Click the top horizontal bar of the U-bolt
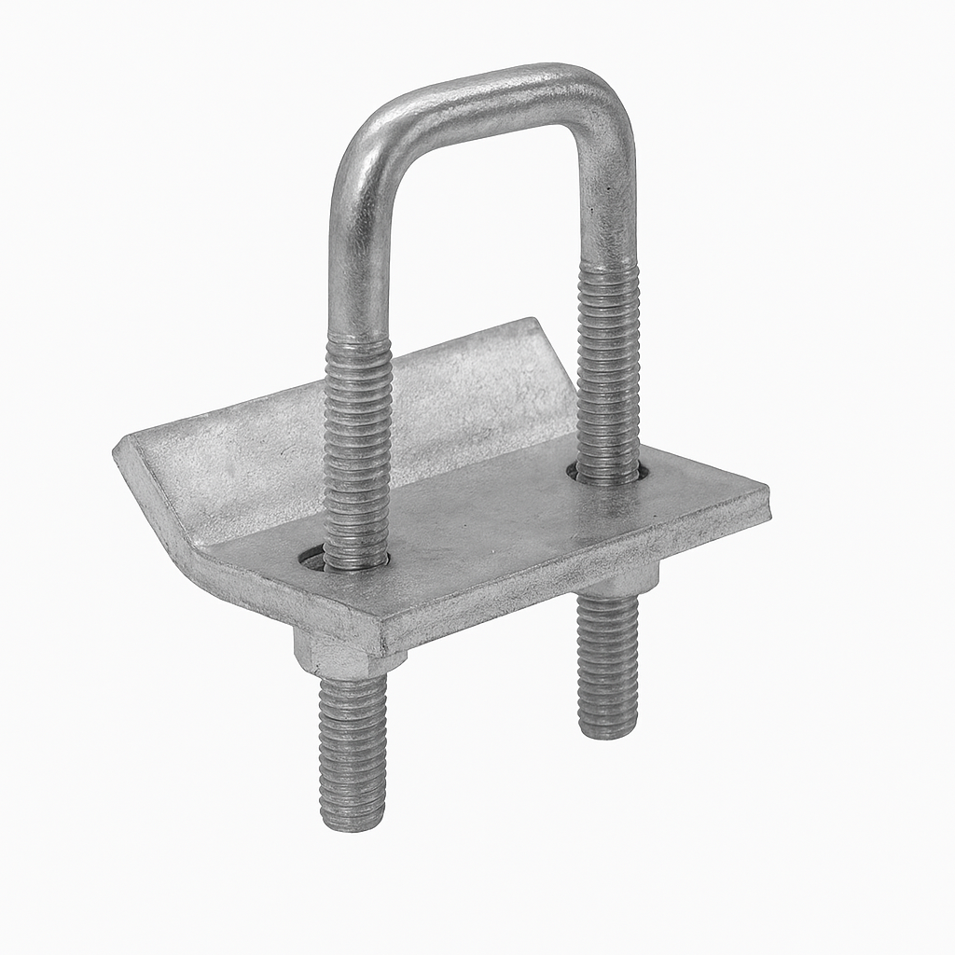485,98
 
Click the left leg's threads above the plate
357,448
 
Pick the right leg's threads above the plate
608,373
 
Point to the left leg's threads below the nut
353,746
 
